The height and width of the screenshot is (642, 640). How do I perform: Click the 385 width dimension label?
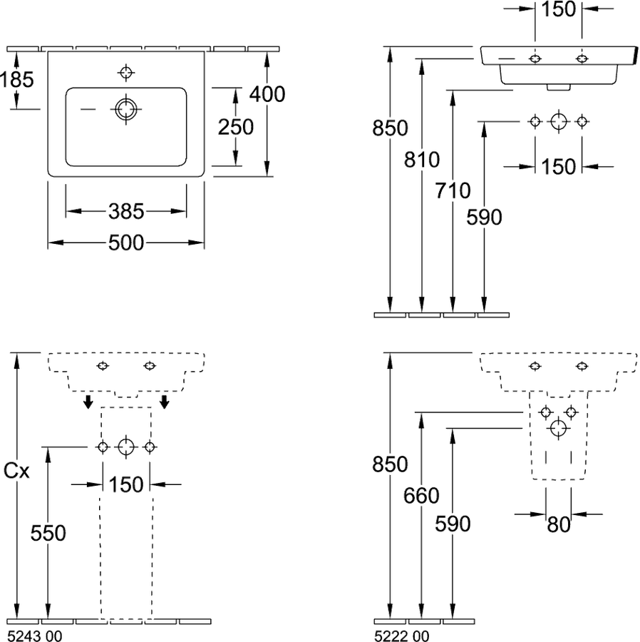[126, 211]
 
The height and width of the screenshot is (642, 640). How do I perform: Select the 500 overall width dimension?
[126, 243]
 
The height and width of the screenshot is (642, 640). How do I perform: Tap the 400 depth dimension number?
[267, 94]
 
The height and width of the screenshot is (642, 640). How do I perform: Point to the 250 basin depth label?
[236, 127]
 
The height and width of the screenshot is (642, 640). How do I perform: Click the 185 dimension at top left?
[17, 79]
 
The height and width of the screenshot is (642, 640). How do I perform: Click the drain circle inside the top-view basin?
[126, 109]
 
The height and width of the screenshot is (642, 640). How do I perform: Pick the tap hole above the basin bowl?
[126, 73]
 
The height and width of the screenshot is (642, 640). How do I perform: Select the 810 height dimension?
[422, 160]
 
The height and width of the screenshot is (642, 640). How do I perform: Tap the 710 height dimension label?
[453, 190]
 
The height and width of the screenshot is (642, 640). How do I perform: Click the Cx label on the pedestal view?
[16, 472]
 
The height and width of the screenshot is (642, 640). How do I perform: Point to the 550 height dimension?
[48, 533]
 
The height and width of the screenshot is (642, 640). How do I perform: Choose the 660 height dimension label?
[421, 496]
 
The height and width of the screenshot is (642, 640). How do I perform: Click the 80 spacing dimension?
[559, 525]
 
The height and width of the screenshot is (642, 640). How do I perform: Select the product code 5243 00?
[35, 636]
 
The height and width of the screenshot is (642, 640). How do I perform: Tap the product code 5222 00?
[402, 636]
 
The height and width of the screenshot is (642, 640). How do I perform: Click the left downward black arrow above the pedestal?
[88, 402]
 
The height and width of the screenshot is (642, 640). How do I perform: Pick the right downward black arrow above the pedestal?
[165, 402]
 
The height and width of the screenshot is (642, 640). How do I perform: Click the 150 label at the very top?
[558, 9]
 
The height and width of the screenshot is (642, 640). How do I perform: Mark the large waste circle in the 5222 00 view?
[558, 428]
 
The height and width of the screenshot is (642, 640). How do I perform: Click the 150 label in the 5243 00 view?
[126, 485]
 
